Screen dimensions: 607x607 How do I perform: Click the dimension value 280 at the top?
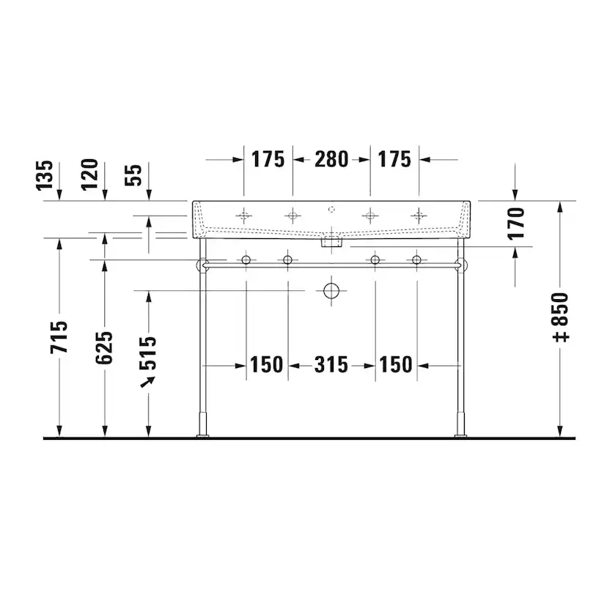(x=331, y=159)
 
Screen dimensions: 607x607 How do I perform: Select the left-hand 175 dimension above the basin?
(x=268, y=159)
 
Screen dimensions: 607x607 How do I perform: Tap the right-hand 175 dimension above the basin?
(x=395, y=159)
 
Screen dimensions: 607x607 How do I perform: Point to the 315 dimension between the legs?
(x=331, y=364)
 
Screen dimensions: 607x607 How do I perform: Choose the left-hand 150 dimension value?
(x=266, y=364)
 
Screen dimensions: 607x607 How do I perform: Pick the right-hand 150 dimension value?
(x=397, y=364)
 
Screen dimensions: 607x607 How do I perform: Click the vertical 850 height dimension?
(x=560, y=317)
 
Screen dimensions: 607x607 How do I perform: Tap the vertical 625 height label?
(x=105, y=347)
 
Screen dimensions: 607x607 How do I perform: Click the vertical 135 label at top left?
(x=45, y=176)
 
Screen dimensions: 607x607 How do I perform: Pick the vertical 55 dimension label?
(x=134, y=176)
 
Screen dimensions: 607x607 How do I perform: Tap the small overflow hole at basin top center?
(x=331, y=208)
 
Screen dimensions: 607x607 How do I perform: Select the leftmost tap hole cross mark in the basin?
(x=244, y=216)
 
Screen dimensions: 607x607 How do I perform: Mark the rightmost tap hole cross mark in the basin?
(x=419, y=216)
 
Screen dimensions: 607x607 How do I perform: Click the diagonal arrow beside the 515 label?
(x=149, y=381)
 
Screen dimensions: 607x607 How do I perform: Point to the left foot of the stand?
(x=202, y=435)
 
